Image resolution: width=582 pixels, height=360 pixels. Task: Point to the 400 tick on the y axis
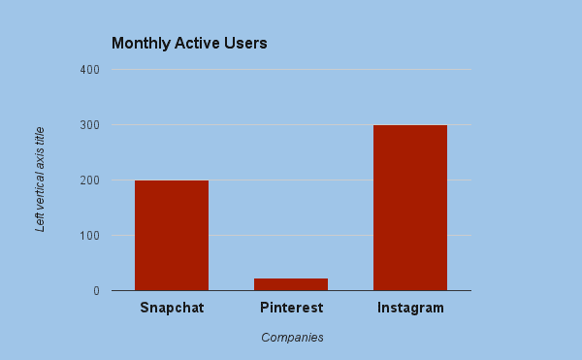click(x=89, y=70)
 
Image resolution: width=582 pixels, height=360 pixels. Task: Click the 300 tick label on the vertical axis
click(x=89, y=125)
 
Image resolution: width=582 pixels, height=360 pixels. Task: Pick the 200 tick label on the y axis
click(x=89, y=180)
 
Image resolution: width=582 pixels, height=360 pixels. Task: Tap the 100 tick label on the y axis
click(x=89, y=236)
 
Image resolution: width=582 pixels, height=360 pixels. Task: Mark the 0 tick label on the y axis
click(x=96, y=291)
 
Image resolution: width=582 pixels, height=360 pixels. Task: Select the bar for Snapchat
click(x=172, y=236)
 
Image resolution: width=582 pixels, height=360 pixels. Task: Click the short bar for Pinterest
click(x=291, y=284)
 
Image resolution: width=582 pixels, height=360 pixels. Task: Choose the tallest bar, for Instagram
click(x=410, y=208)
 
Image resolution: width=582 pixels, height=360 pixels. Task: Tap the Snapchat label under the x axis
click(x=172, y=309)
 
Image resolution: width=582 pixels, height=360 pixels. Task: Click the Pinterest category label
click(x=291, y=309)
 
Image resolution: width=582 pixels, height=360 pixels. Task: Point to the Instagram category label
click(x=410, y=309)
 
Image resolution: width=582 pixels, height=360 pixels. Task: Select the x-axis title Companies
click(x=292, y=338)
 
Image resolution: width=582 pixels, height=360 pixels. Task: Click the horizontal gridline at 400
click(x=291, y=70)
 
